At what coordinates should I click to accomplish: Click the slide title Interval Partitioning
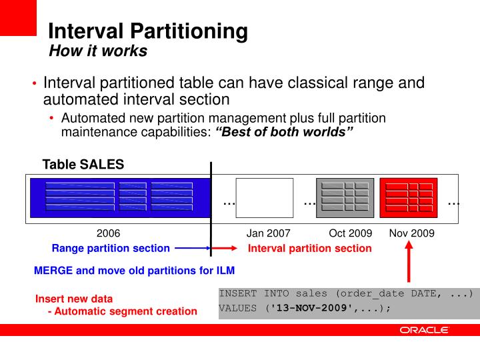(148, 30)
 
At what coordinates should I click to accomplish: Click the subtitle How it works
(98, 51)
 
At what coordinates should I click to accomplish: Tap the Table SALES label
(83, 165)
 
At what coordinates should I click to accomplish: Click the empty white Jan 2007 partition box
(265, 198)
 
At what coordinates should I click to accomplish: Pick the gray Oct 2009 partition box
(345, 198)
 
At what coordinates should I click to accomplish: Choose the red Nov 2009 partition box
(408, 198)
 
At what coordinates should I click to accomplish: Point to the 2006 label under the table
(109, 233)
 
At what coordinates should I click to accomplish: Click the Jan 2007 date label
(269, 233)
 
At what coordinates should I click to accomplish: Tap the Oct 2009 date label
(350, 233)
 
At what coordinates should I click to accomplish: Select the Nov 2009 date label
(411, 233)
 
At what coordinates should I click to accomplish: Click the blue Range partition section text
(111, 249)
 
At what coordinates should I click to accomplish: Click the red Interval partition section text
(310, 249)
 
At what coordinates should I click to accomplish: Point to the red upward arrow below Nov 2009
(409, 262)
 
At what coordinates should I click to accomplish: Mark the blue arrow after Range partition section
(193, 249)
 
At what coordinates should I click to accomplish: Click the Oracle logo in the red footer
(425, 330)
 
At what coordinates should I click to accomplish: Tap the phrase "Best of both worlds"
(283, 131)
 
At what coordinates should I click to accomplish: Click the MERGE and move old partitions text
(134, 271)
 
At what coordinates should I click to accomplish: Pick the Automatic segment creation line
(123, 311)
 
